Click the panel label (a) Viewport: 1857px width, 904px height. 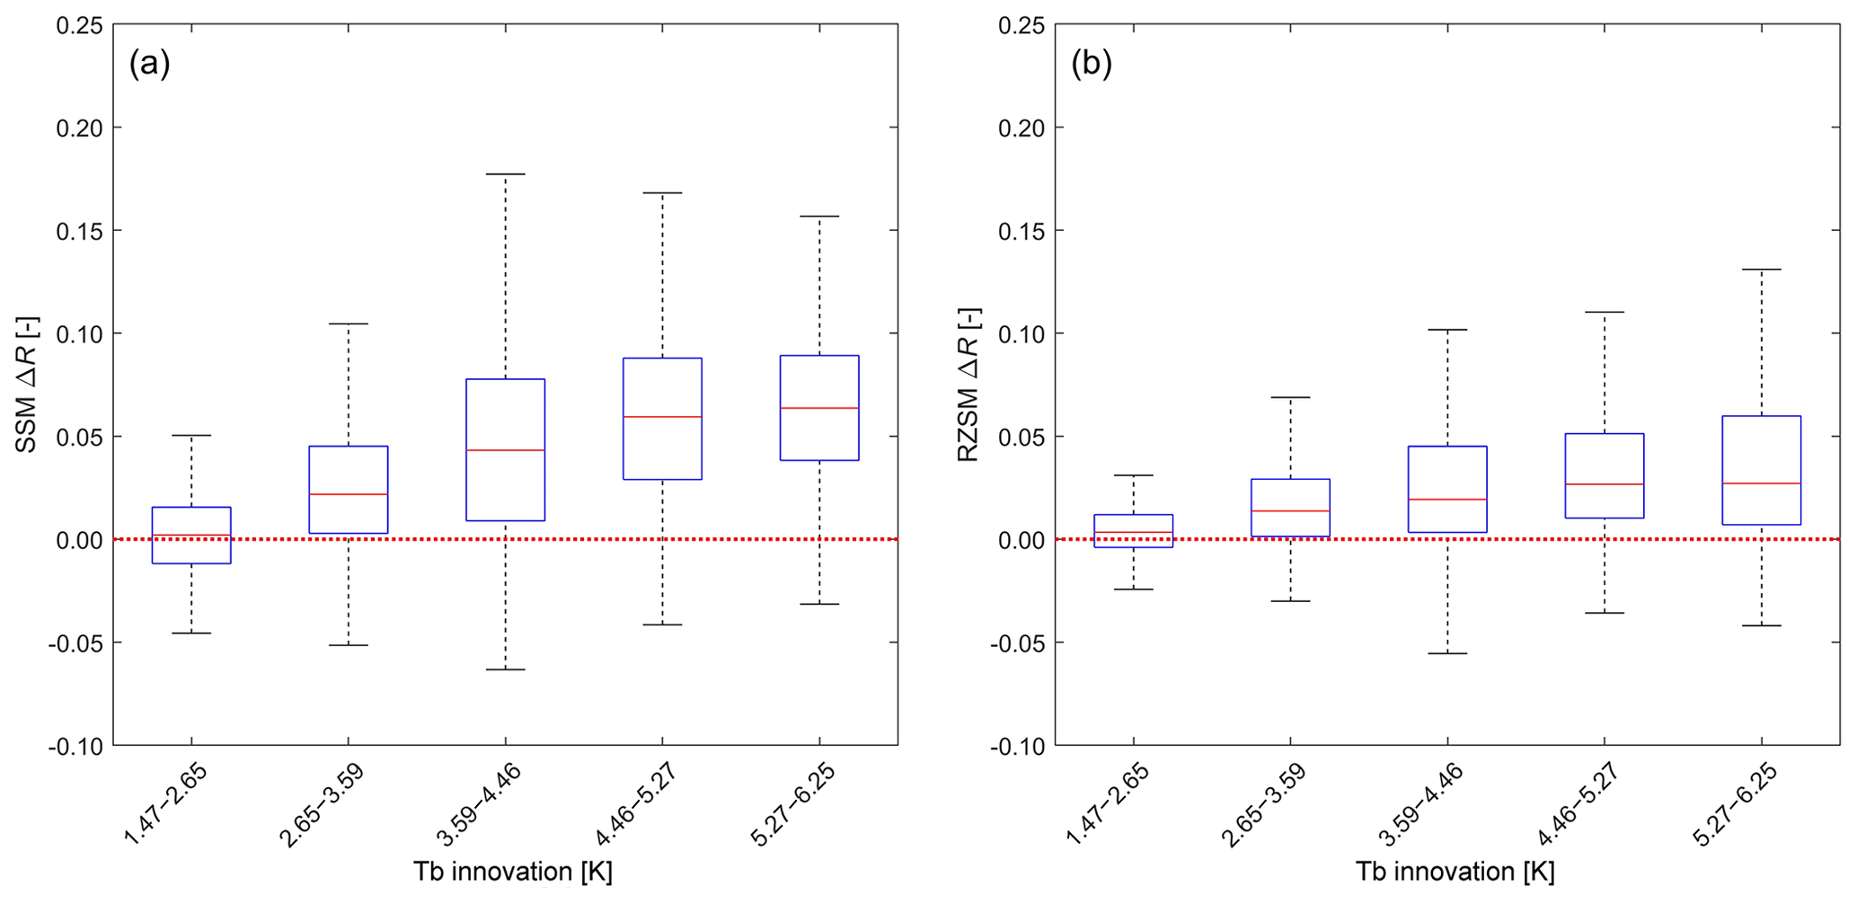149,64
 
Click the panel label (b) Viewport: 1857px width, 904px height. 1092,64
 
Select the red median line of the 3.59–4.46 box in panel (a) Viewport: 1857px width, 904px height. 505,449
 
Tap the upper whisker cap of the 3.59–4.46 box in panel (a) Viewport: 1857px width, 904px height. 505,174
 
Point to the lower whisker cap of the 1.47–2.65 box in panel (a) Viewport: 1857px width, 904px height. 191,634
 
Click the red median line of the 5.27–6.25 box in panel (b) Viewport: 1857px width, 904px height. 1761,483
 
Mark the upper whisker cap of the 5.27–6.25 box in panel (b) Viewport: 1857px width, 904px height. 1761,270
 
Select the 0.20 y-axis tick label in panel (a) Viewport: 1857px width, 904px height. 79,128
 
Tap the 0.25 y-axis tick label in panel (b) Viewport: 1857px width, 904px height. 1021,25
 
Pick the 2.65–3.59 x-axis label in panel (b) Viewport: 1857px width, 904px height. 1262,804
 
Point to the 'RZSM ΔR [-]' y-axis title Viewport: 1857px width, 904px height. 968,385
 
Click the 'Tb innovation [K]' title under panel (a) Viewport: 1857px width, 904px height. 513,872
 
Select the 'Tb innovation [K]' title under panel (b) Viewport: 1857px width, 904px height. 1455,872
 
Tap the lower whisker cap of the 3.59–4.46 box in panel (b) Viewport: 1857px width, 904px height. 1447,653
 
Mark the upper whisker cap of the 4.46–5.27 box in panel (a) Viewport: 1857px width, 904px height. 662,193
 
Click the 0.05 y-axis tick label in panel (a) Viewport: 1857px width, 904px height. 79,437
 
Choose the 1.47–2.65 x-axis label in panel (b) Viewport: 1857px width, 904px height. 1106,804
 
